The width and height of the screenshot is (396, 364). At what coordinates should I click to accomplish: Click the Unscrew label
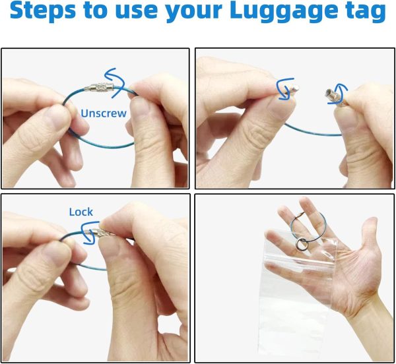104,113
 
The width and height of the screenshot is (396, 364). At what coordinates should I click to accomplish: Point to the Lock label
81,212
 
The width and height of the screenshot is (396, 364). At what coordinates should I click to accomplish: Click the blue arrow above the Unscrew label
115,82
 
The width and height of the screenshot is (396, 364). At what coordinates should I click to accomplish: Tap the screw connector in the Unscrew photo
99,87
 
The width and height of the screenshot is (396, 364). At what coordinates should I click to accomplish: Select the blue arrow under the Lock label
89,233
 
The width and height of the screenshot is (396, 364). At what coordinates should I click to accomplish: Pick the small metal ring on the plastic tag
302,245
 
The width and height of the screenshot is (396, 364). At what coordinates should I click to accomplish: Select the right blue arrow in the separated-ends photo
339,94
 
